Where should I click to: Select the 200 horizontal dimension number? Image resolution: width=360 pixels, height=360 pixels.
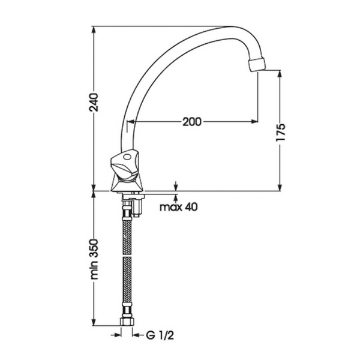point(191,122)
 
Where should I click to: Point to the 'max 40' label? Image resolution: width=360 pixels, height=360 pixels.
point(179,208)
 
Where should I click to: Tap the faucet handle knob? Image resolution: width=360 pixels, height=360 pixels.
point(127,165)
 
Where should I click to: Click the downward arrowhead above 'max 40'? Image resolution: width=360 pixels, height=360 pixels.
point(176,188)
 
